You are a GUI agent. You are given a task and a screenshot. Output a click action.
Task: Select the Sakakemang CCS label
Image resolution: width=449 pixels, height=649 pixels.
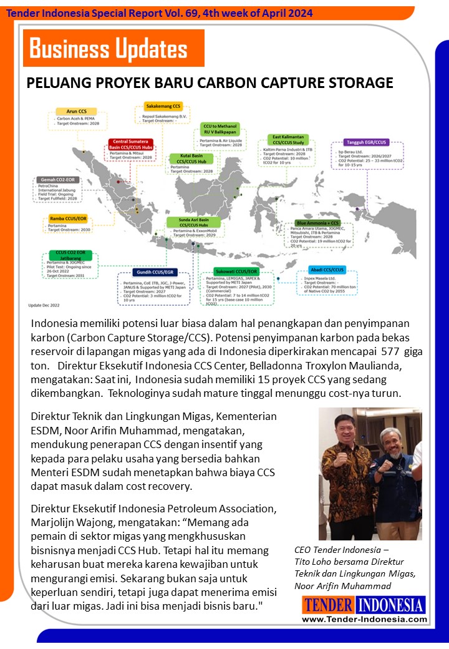(163, 106)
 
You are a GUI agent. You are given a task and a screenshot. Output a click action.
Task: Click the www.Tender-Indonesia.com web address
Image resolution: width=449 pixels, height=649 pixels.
(364, 619)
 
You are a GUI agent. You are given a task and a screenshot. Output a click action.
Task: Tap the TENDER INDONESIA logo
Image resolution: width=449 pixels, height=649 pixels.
(364, 605)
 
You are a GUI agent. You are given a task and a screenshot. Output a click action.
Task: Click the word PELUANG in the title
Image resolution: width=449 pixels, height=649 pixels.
(58, 84)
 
